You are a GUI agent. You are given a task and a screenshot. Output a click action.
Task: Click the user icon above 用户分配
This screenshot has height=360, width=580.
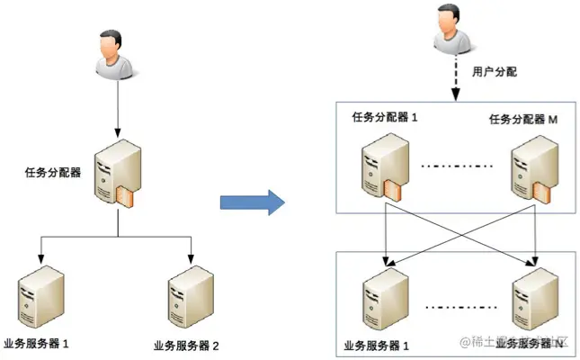pyautogui.click(x=451, y=28)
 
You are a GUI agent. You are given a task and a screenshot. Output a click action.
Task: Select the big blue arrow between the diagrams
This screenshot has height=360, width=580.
pyautogui.click(x=252, y=199)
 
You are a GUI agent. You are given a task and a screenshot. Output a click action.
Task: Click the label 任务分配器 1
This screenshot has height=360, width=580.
pyautogui.click(x=385, y=117)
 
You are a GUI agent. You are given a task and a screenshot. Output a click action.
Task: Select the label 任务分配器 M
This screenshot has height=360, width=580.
pyautogui.click(x=524, y=119)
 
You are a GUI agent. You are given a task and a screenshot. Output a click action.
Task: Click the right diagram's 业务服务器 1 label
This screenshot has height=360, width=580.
pyautogui.click(x=377, y=345)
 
